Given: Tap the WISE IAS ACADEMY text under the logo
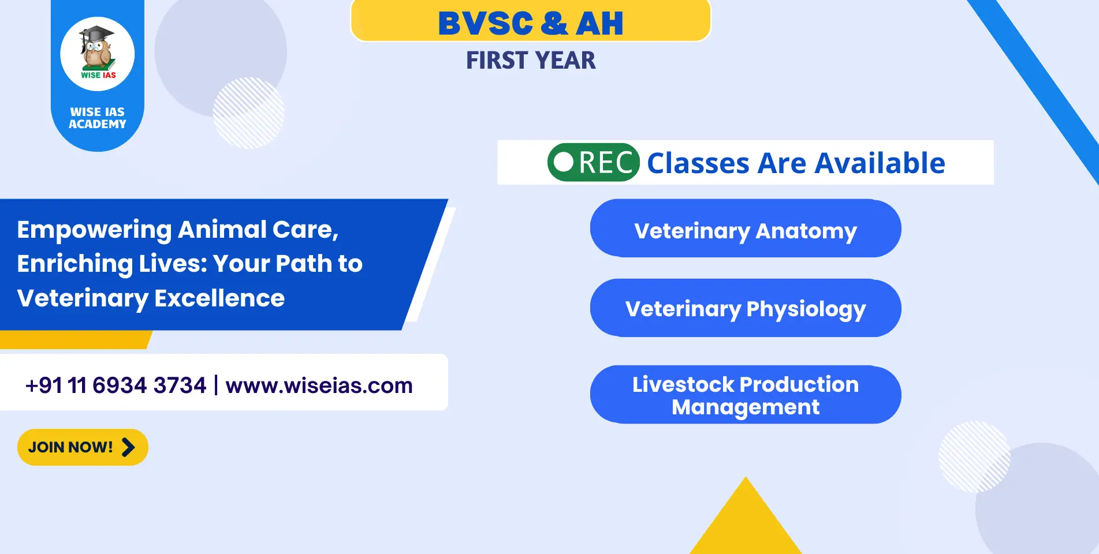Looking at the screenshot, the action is click(x=98, y=118).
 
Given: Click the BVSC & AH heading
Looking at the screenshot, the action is click(x=531, y=23).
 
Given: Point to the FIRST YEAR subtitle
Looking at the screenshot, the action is click(x=531, y=61).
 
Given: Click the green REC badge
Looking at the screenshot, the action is click(x=594, y=162).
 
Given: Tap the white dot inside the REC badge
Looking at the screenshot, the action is click(x=564, y=162).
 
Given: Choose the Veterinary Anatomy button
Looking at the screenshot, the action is click(x=746, y=229).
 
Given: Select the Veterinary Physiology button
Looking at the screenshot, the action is click(x=746, y=308).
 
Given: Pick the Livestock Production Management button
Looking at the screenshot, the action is click(x=746, y=395).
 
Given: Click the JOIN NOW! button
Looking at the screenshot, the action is click(x=83, y=447).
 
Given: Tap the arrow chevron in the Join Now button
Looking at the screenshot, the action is click(x=128, y=447).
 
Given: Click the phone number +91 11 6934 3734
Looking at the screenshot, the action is click(x=116, y=385).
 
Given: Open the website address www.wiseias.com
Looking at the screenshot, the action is click(x=319, y=385).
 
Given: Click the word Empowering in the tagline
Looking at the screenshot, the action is click(x=94, y=230).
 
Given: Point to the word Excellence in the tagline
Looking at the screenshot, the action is click(x=219, y=298).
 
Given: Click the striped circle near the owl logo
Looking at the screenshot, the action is click(x=249, y=113).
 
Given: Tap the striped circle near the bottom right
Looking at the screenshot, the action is click(x=975, y=456).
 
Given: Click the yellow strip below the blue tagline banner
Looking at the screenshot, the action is click(x=75, y=340).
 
